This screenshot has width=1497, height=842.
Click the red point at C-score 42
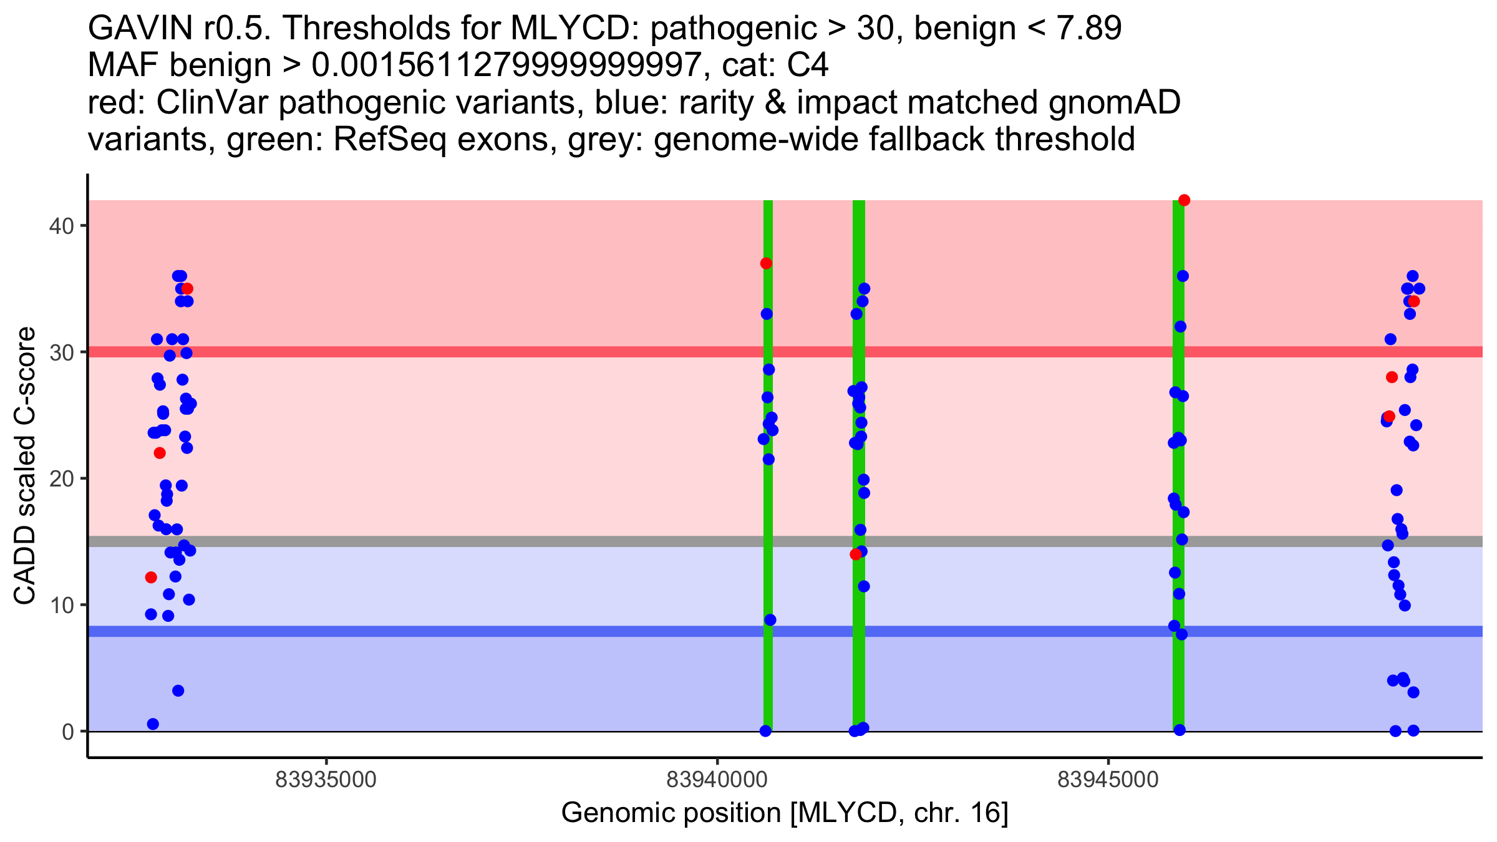tap(1184, 200)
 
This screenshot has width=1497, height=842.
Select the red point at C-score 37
tap(766, 263)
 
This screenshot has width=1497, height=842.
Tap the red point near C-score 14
tap(856, 554)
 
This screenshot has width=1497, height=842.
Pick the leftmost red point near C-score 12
tap(151, 578)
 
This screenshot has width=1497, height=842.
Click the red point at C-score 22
tap(160, 453)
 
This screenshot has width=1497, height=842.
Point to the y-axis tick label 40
tap(61, 226)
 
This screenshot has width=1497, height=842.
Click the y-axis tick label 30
tap(61, 352)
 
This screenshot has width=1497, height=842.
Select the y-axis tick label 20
tap(61, 479)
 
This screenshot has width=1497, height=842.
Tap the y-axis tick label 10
tap(61, 606)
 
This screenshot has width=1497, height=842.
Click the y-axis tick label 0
tap(68, 732)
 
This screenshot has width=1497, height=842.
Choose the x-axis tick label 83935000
tap(326, 780)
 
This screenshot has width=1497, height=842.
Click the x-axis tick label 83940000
tap(717, 780)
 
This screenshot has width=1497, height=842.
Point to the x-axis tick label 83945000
tap(1108, 780)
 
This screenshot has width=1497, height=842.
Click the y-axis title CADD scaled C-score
tap(25, 466)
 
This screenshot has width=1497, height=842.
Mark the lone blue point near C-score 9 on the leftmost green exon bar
tap(770, 620)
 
